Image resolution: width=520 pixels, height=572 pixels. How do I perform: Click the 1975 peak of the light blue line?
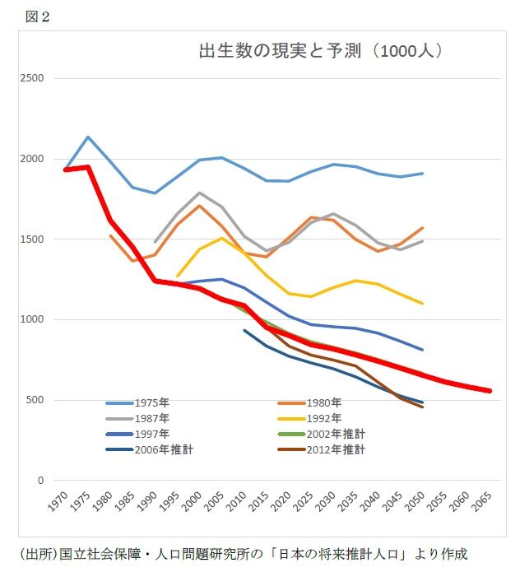88,137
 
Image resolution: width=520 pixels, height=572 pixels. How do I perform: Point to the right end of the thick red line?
490,391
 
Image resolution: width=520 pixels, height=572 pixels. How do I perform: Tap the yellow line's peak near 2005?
221,238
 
